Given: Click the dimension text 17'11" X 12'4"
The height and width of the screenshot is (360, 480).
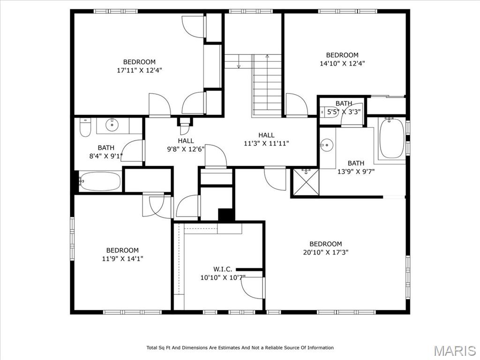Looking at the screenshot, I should pos(139,70).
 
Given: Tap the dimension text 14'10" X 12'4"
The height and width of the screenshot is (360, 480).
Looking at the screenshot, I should pos(342,63).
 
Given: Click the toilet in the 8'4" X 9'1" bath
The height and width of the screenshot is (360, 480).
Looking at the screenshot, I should pos(85,127).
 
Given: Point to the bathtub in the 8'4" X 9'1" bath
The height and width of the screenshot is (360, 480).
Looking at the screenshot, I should pos(99,181).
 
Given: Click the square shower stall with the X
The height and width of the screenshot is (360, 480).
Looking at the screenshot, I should pos(305,182).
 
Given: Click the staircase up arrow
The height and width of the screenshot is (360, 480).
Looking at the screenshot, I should pos(267,56).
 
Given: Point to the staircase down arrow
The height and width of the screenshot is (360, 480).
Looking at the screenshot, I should pos(239,65).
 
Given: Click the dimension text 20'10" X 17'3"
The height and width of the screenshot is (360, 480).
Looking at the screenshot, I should pos(325,252).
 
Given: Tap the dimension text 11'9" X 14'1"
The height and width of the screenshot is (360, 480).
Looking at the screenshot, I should pos(122,258).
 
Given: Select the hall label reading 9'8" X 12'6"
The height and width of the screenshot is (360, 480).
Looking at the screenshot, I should pos(186,149).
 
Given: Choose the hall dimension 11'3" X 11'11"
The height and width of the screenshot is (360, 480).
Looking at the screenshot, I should pos(266,143).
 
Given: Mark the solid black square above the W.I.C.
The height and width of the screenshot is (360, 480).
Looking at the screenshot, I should pos(226,215).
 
